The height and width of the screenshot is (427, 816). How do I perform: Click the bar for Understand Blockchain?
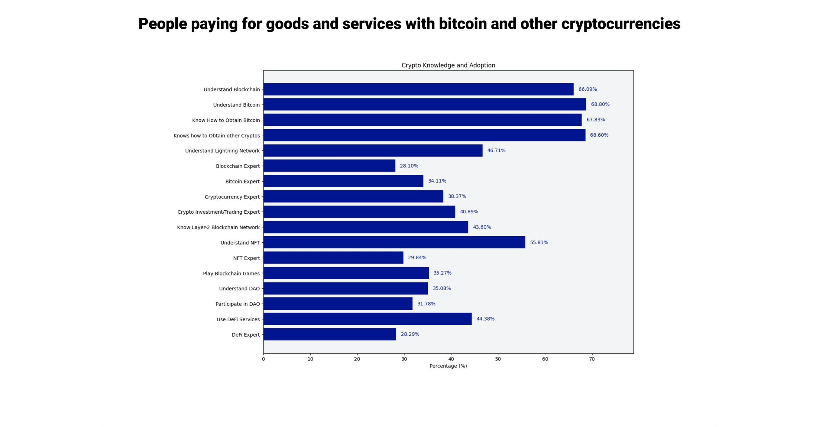(x=418, y=89)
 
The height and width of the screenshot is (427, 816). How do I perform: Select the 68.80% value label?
(x=600, y=104)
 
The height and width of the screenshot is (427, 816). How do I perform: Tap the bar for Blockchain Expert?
(x=329, y=166)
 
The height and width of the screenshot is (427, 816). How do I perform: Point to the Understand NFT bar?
(x=394, y=242)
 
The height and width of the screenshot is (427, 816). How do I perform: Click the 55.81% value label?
(x=539, y=242)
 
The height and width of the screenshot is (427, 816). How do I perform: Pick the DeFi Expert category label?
(x=245, y=335)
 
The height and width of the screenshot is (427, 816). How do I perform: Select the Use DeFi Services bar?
(x=367, y=319)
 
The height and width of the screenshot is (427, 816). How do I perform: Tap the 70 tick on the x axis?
(x=591, y=359)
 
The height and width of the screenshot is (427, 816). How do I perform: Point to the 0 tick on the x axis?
(x=263, y=359)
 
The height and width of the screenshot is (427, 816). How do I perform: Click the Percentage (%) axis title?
(x=448, y=366)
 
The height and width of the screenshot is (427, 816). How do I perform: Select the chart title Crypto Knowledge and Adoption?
(x=448, y=65)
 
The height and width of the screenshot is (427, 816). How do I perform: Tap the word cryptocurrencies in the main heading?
(x=620, y=24)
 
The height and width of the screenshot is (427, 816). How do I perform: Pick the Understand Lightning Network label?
(x=222, y=151)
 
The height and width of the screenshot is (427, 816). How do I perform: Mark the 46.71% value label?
(x=496, y=150)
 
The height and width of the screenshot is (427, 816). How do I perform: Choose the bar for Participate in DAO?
(x=338, y=303)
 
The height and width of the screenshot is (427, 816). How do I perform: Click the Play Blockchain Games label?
(x=231, y=273)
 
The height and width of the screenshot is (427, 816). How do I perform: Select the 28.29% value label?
(x=410, y=334)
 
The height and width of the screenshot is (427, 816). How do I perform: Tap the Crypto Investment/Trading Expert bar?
(x=359, y=212)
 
